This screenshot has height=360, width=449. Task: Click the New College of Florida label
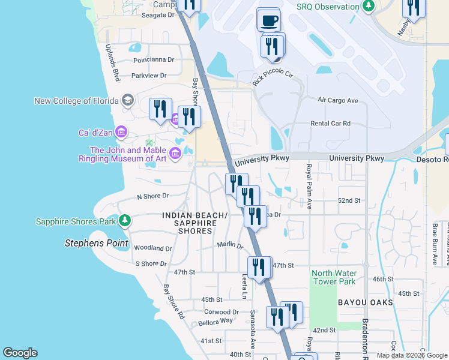tap(77, 101)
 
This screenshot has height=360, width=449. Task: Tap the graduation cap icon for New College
tap(127, 100)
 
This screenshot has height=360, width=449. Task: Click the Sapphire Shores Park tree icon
tap(124, 221)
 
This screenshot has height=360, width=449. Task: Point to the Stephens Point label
tap(97, 243)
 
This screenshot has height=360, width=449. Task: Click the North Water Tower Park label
tap(333, 277)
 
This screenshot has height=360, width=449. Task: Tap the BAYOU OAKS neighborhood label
tap(365, 302)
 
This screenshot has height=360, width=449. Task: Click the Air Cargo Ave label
tap(337, 100)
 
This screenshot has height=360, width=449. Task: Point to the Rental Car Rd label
tap(330, 124)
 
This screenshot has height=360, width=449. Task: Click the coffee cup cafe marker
tap(268, 20)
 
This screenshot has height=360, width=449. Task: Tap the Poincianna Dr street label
tap(154, 60)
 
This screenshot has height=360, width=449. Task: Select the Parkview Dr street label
tap(149, 76)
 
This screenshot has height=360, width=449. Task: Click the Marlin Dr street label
tap(230, 245)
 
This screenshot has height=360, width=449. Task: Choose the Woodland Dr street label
tap(153, 248)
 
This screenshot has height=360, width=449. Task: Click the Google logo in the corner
tap(20, 353)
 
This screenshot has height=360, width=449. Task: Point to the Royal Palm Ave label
tap(309, 186)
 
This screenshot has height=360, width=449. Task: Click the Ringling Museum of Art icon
tap(175, 154)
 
